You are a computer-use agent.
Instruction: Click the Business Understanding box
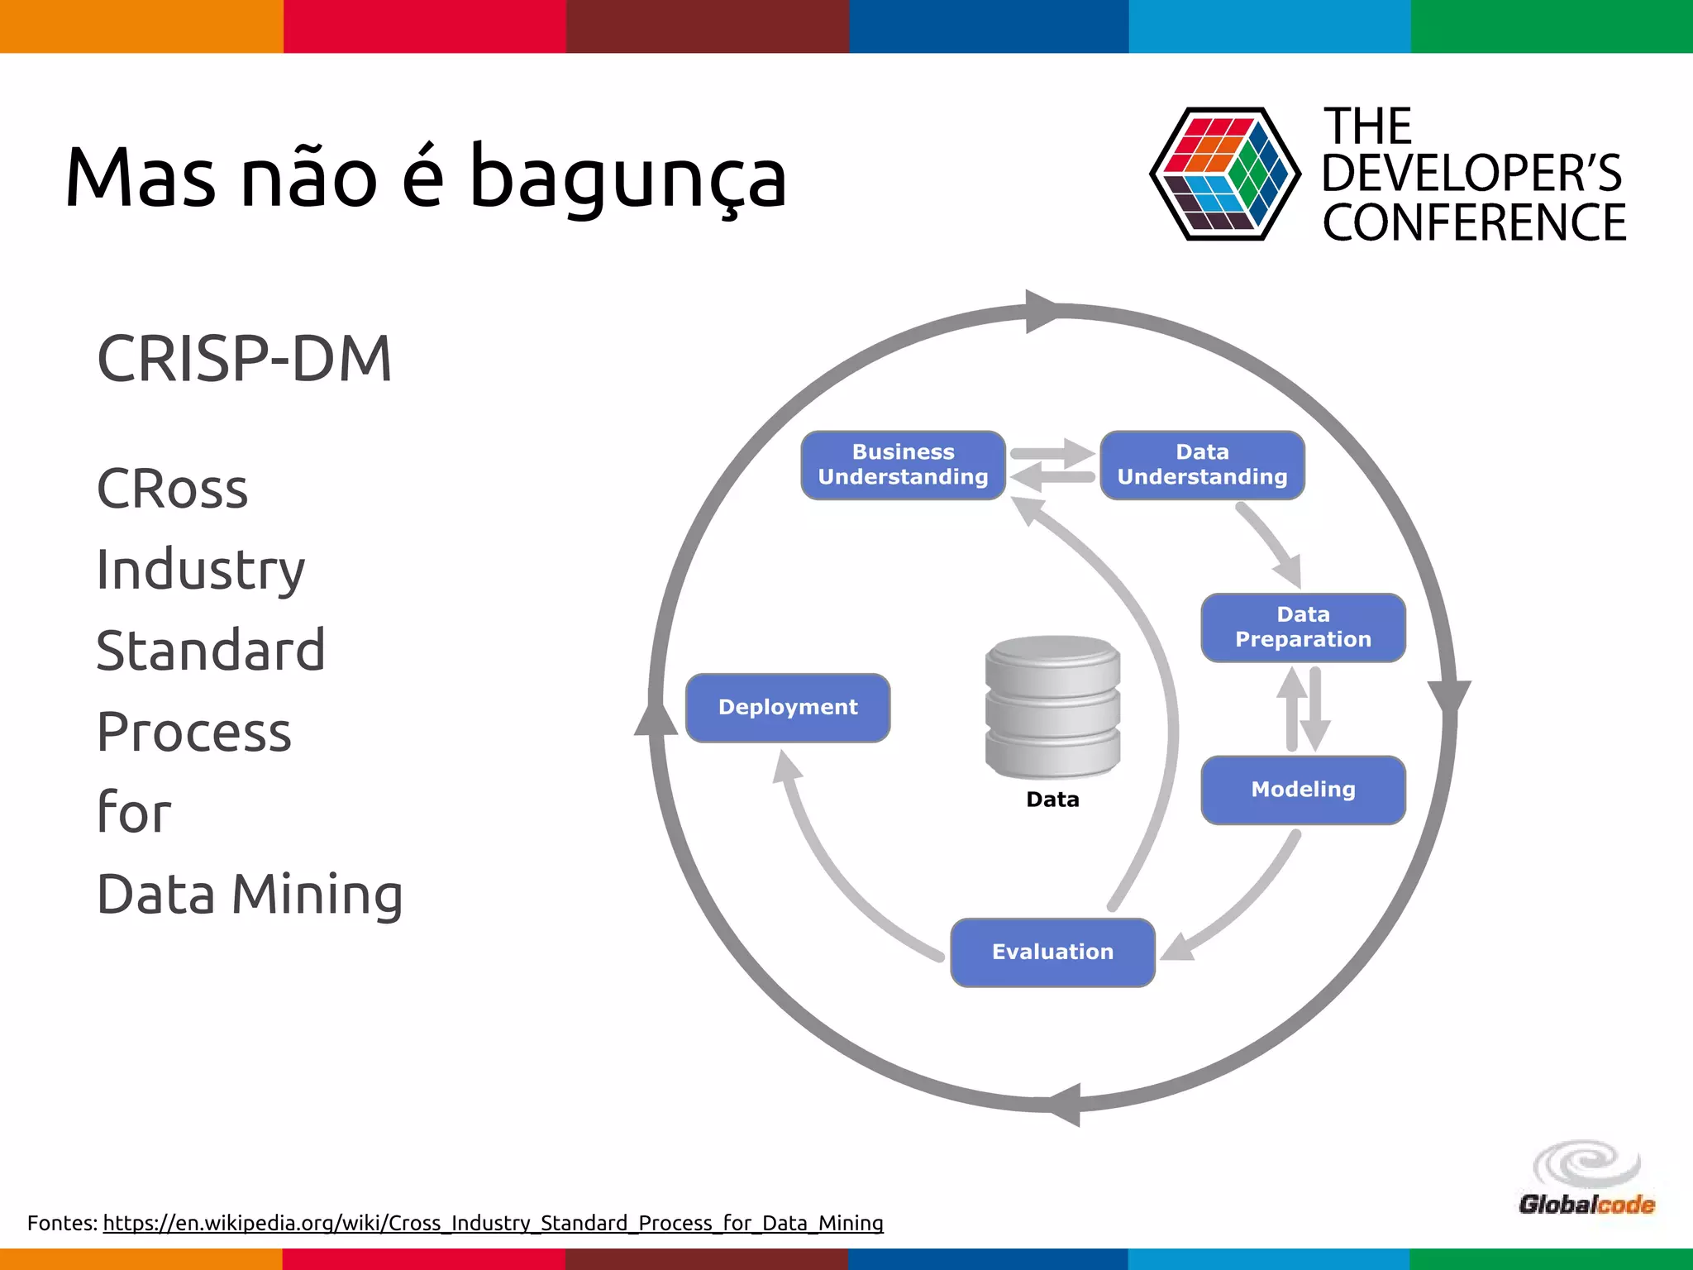[x=903, y=465]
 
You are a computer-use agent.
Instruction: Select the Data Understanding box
[x=1202, y=465]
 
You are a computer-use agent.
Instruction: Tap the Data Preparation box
[x=1303, y=627]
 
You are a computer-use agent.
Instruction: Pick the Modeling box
[x=1303, y=790]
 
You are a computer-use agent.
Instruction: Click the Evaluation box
[x=1052, y=952]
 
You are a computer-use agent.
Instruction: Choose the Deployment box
[x=788, y=708]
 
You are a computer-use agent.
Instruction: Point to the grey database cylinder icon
[x=1052, y=707]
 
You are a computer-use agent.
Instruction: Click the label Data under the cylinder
[x=1052, y=800]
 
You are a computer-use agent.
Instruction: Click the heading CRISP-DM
[x=245, y=359]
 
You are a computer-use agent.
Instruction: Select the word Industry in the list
[x=201, y=570]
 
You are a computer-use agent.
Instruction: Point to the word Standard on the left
[x=211, y=650]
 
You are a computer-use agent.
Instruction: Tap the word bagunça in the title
[x=628, y=178]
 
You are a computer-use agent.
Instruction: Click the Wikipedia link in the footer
[x=493, y=1223]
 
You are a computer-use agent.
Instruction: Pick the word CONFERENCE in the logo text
[x=1474, y=222]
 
